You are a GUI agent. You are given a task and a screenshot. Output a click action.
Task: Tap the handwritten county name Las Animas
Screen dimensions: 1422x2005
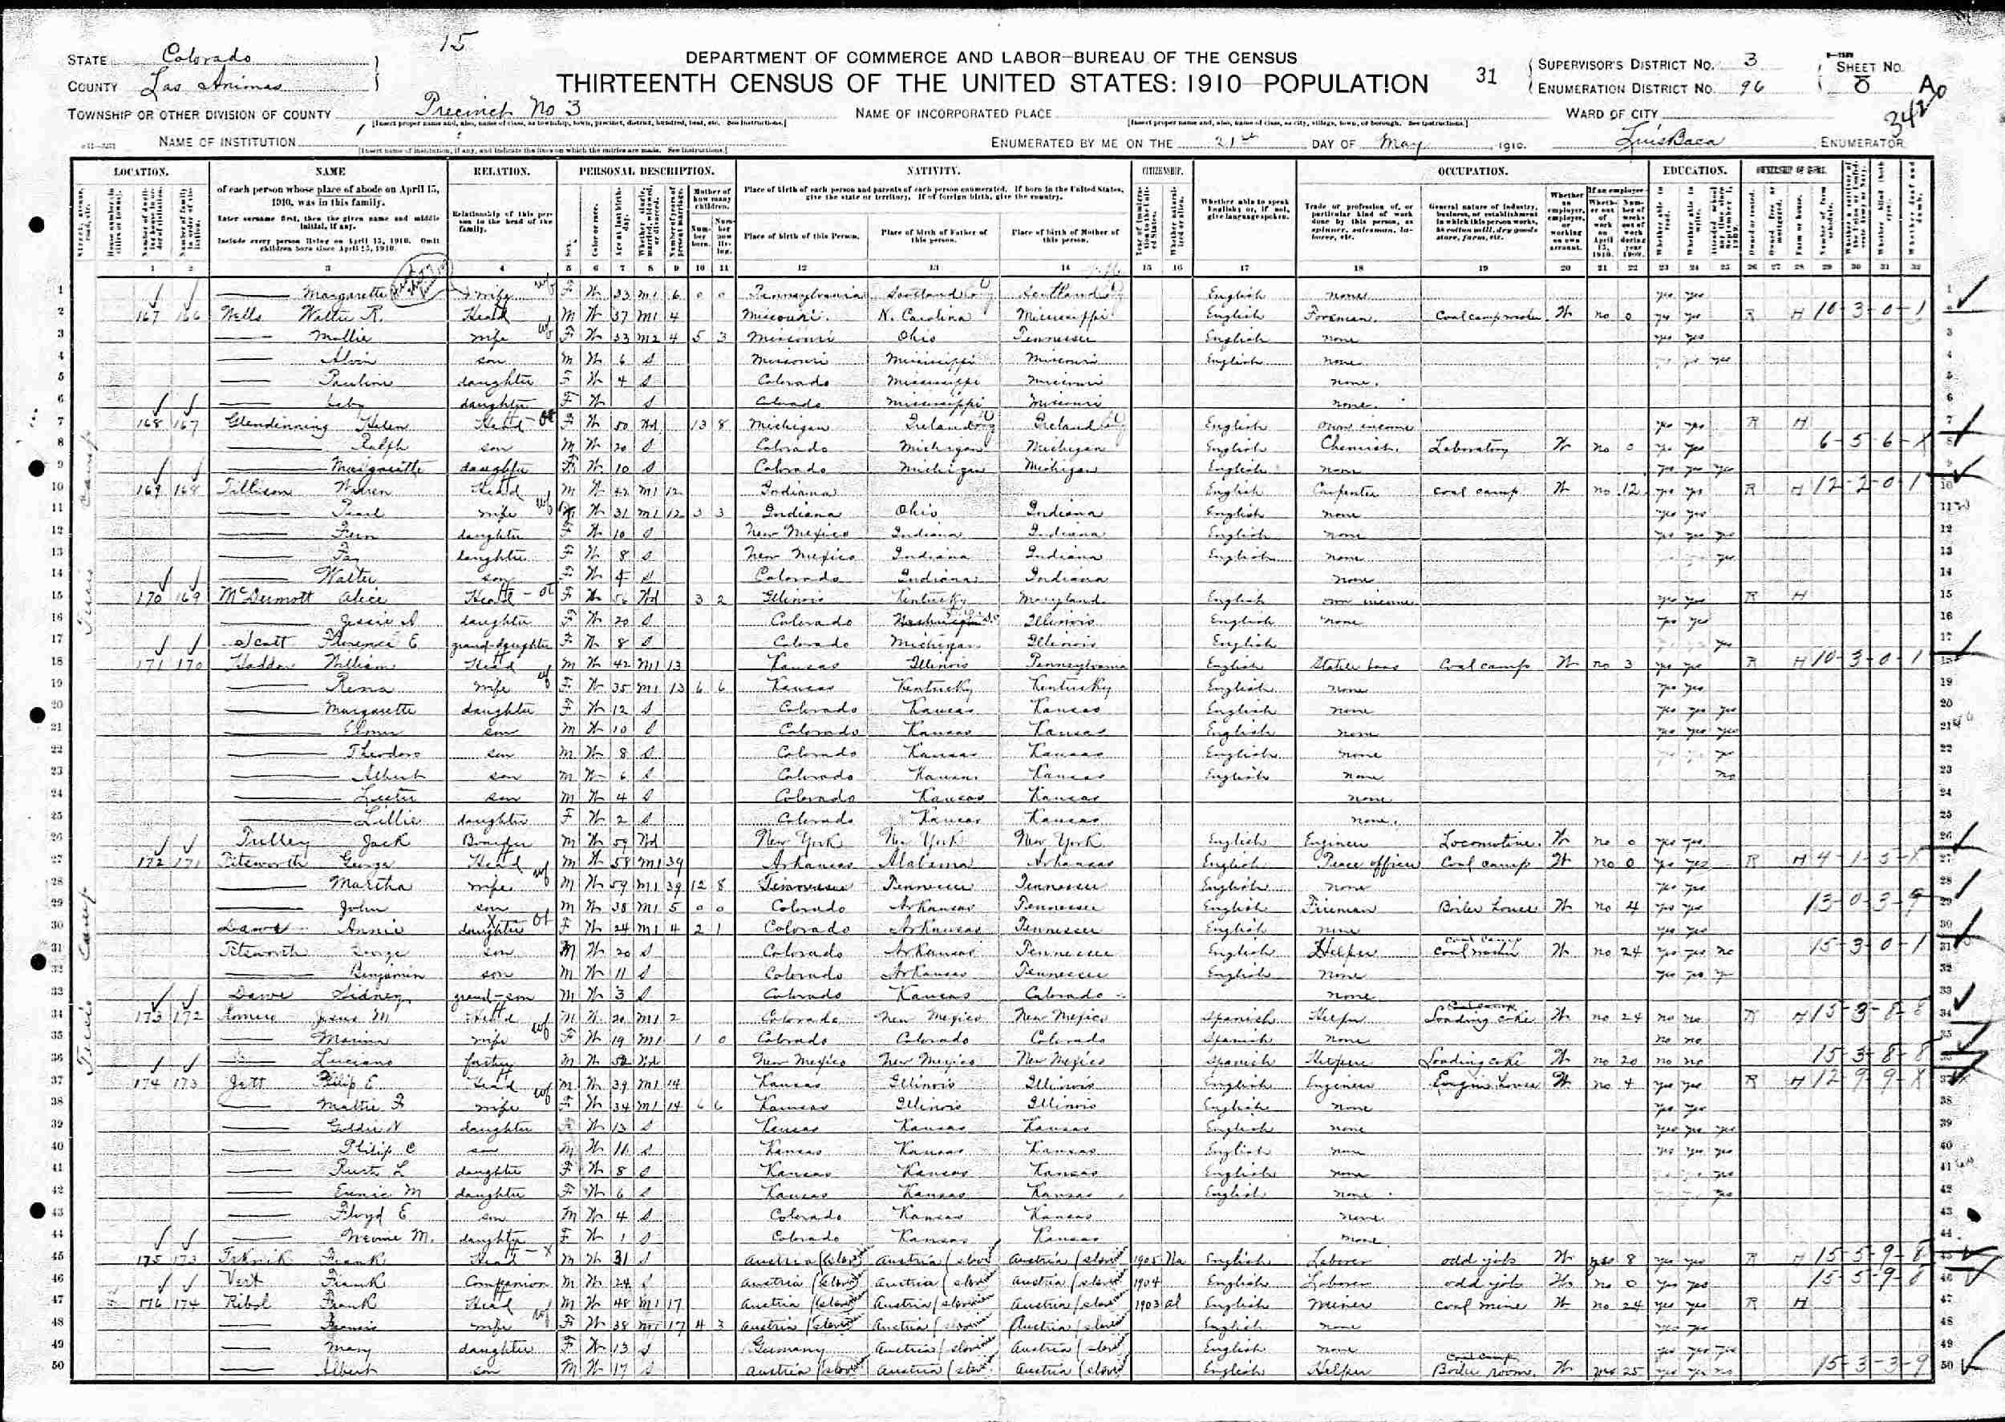coord(210,85)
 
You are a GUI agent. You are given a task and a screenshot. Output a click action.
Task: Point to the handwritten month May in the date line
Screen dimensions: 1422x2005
coord(1393,141)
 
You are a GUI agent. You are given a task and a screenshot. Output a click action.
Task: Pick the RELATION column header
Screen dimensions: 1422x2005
coord(502,171)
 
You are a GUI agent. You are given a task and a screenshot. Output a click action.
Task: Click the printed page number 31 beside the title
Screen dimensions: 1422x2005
coord(1486,76)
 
